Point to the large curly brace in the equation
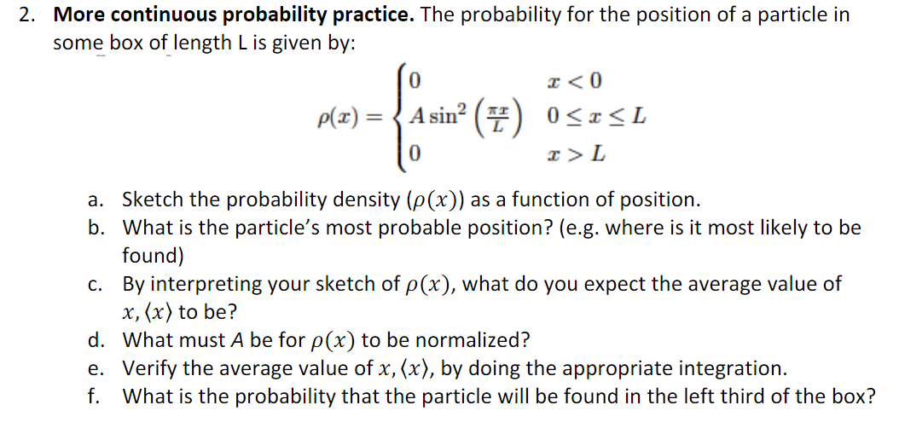coord(397,117)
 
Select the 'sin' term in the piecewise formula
coord(443,117)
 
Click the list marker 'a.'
coord(96,200)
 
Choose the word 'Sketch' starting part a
coord(151,200)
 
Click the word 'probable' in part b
coord(403,228)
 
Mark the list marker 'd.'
coord(96,341)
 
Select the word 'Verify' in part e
coord(149,369)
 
